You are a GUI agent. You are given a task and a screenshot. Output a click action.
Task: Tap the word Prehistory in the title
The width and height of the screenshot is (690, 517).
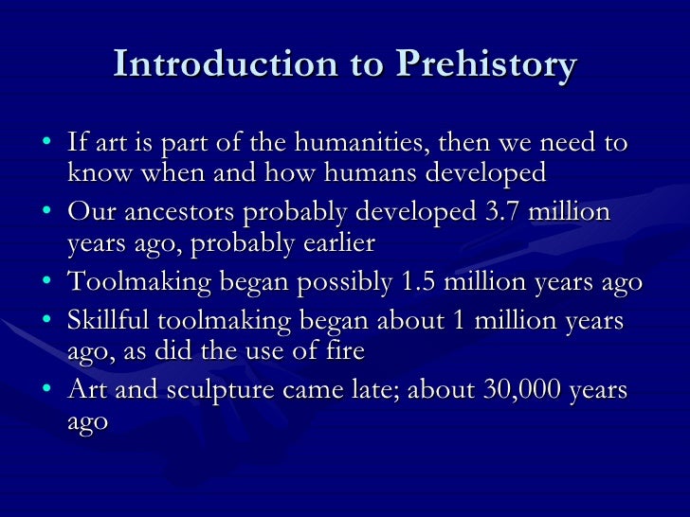[485, 64]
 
